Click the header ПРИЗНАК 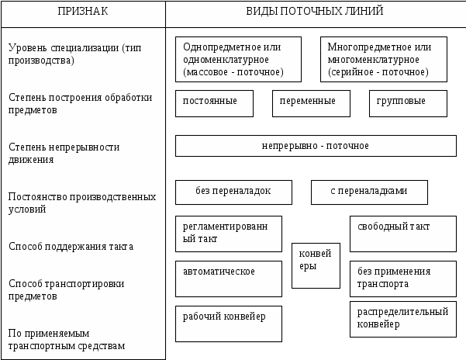[83, 12]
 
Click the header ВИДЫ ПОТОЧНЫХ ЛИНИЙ [315, 12]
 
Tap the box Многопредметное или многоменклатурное [384, 59]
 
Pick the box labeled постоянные [214, 103]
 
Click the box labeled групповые [408, 103]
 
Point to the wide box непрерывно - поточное [316, 146]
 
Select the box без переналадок [233, 192]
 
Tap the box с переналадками [369, 192]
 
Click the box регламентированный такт [229, 234]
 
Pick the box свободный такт [402, 234]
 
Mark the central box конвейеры [316, 265]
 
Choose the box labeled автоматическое [229, 279]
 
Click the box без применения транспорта [402, 279]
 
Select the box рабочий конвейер [229, 323]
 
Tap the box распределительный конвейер [402, 319]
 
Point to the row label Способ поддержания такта [71, 247]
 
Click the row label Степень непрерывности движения [64, 153]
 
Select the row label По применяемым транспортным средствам [67, 339]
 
